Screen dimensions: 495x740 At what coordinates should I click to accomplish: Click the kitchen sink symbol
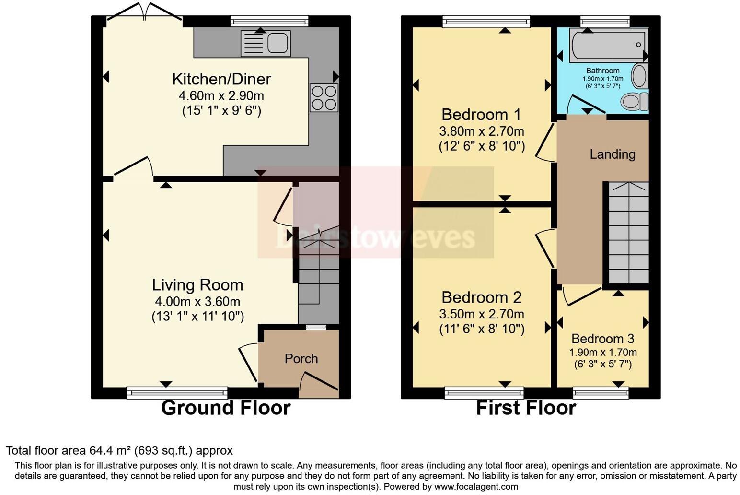[x=266, y=43]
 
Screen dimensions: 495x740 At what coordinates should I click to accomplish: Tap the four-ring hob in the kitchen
[x=324, y=98]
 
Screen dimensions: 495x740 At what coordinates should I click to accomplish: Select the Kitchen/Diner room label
[x=221, y=79]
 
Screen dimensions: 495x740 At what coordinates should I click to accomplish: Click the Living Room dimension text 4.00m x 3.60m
[x=197, y=302]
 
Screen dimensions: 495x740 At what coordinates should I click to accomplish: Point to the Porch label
[x=301, y=359]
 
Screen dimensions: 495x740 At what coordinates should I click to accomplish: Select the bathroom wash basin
[x=639, y=76]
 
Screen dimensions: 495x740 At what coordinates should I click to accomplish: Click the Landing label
[x=612, y=154]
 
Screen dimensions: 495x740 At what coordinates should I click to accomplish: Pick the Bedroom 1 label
[x=481, y=115]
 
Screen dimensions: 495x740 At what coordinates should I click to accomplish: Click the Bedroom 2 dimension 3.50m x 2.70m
[x=481, y=314]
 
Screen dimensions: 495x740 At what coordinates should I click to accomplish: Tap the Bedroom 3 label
[x=602, y=339]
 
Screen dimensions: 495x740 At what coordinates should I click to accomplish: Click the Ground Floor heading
[x=226, y=408]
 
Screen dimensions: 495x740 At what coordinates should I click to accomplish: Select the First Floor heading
[x=526, y=408]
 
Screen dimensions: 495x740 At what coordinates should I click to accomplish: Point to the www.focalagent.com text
[x=476, y=487]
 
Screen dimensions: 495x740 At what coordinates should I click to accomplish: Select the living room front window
[x=177, y=393]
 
